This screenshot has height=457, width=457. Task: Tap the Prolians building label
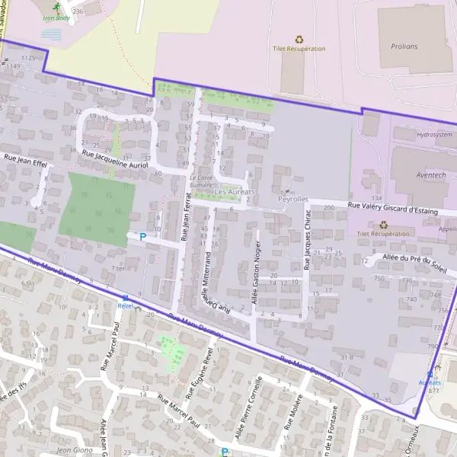click(x=404, y=46)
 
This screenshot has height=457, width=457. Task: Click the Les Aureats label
click(x=236, y=191)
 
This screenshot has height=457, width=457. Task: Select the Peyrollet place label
click(x=293, y=200)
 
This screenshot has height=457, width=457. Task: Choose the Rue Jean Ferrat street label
click(x=186, y=217)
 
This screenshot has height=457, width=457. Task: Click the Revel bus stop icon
click(x=126, y=298)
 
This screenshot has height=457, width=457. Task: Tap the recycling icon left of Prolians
click(x=299, y=38)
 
